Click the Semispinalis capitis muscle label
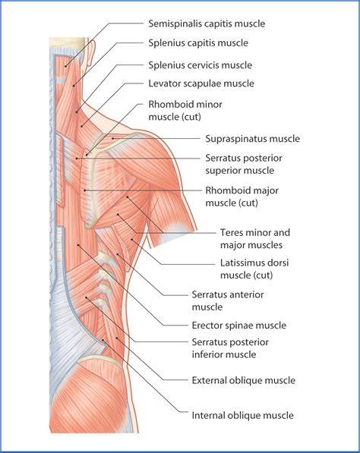point(207,24)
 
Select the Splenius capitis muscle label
point(198,43)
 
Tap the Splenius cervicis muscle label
point(200,65)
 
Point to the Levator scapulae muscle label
point(201,83)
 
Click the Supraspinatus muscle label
point(252,139)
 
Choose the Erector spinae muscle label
point(238,326)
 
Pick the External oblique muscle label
point(244,380)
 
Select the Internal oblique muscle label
point(242,416)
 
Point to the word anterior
point(245,294)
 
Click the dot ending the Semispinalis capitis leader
point(65,67)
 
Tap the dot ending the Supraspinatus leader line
point(113,138)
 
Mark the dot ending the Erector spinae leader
point(78,245)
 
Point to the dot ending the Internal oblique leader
point(103,340)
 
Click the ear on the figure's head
point(90,52)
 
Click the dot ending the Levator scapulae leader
point(82,126)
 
